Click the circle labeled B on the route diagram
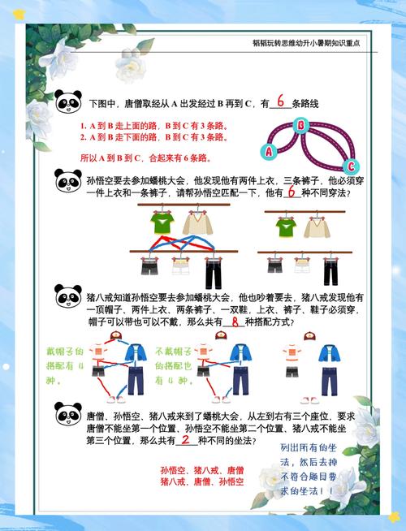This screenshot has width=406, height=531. click(x=300, y=125)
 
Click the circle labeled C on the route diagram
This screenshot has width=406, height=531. click(x=345, y=162)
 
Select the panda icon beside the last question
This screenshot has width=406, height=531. click(x=67, y=414)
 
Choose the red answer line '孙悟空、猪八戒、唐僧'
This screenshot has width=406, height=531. click(x=201, y=470)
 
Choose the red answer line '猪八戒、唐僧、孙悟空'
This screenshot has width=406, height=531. click(x=201, y=481)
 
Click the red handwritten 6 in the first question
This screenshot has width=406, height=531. click(x=279, y=102)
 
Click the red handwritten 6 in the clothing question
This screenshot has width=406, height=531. click(x=290, y=193)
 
